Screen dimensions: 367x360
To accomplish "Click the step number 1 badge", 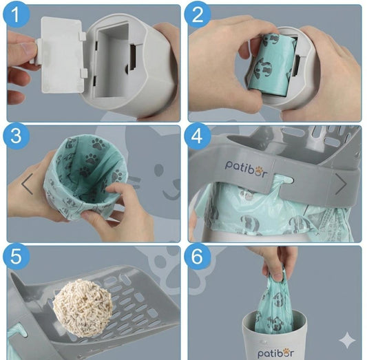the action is pyautogui.click(x=17, y=14).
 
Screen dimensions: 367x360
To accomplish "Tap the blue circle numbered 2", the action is pyautogui.click(x=198, y=14).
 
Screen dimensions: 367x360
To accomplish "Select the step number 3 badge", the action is pyautogui.click(x=17, y=136).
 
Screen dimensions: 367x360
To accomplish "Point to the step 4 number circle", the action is pyautogui.click(x=198, y=136).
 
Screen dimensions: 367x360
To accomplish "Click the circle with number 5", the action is pyautogui.click(x=17, y=256).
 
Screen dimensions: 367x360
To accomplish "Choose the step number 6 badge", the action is pyautogui.click(x=198, y=256).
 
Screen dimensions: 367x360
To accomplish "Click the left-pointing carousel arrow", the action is pyautogui.click(x=28, y=184).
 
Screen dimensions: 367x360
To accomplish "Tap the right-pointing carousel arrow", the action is pyautogui.click(x=341, y=184).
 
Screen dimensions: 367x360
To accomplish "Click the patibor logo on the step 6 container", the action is pyautogui.click(x=275, y=352).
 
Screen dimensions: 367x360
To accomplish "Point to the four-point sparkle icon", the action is pyautogui.click(x=347, y=340).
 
